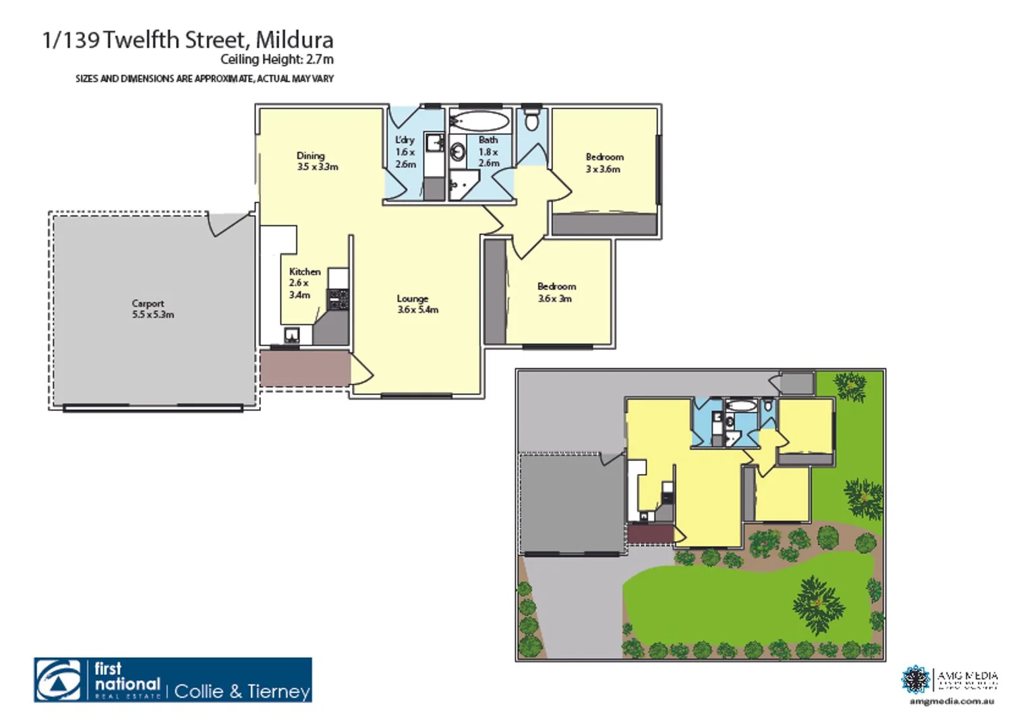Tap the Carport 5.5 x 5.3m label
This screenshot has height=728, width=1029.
pos(152,309)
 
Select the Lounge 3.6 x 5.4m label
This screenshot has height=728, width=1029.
pos(417,304)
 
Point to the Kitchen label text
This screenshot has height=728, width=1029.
pos(305,272)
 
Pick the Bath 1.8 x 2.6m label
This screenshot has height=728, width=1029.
pos(488,152)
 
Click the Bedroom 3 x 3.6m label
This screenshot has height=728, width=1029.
pos(604,162)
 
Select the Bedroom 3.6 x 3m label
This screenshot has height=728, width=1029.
pos(556,292)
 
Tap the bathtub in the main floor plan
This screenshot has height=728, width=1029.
pos(479,121)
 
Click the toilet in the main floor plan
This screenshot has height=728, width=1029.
pos(532,121)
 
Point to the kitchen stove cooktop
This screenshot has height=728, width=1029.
pos(338,299)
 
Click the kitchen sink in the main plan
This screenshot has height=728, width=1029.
pos(292,335)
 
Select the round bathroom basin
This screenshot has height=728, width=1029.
pos(458,152)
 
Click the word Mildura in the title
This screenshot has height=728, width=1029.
pos(294,40)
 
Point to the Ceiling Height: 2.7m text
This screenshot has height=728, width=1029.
pos(276,59)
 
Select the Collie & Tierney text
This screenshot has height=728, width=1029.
pos(242,691)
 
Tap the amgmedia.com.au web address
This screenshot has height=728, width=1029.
pos(951,702)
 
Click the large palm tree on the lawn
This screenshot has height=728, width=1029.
pos(817,604)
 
